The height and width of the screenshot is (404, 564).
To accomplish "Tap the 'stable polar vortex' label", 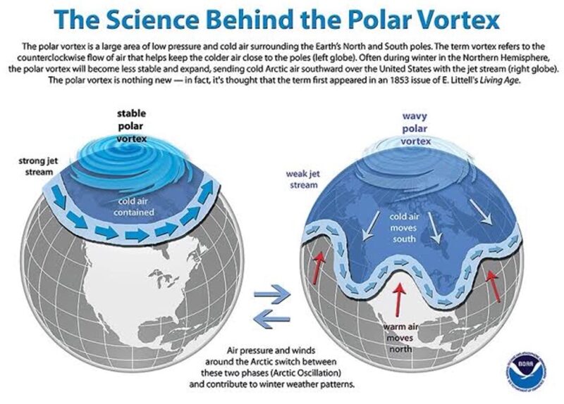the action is (x=132, y=126).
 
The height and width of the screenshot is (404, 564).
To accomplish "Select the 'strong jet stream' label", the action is (x=39, y=166).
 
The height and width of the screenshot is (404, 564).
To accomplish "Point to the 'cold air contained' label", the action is (x=134, y=206).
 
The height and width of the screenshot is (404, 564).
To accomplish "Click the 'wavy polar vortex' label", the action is (x=415, y=129).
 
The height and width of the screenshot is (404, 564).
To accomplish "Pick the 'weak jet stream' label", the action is (x=303, y=179).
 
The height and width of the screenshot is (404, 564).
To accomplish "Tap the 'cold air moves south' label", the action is (x=404, y=227).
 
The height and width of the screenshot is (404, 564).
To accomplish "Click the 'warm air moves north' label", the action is (x=400, y=338).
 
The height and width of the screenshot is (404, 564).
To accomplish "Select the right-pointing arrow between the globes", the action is (x=272, y=293).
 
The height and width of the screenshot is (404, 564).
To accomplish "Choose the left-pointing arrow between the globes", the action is (x=271, y=319).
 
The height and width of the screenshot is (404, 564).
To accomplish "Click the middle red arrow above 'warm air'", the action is (x=399, y=300).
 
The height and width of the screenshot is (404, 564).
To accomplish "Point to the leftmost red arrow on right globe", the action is (x=317, y=267).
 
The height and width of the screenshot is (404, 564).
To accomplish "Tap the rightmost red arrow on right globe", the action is (x=493, y=286).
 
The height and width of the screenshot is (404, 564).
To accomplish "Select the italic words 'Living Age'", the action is (x=498, y=80).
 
